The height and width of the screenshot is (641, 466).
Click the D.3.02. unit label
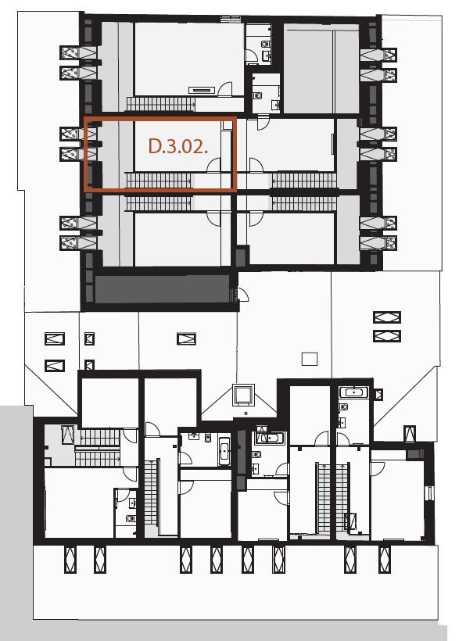(177, 146)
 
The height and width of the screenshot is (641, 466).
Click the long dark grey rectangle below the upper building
(162, 289)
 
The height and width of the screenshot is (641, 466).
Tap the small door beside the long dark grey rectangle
(242, 294)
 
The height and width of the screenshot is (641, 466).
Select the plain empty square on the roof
(310, 359)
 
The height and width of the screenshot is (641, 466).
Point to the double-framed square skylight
(244, 395)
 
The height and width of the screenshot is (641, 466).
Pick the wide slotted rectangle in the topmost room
(202, 91)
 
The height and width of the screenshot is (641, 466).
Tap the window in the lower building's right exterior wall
(428, 493)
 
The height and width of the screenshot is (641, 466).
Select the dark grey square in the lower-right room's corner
(416, 453)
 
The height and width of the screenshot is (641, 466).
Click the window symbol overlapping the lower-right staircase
(351, 521)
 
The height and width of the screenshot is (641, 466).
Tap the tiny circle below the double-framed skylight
(246, 413)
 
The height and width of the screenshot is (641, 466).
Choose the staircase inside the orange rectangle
(159, 181)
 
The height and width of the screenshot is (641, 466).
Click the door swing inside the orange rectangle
(213, 166)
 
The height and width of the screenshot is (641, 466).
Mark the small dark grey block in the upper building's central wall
(241, 256)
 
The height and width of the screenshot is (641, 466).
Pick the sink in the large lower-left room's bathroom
(132, 503)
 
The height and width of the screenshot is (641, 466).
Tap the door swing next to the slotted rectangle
(225, 89)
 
